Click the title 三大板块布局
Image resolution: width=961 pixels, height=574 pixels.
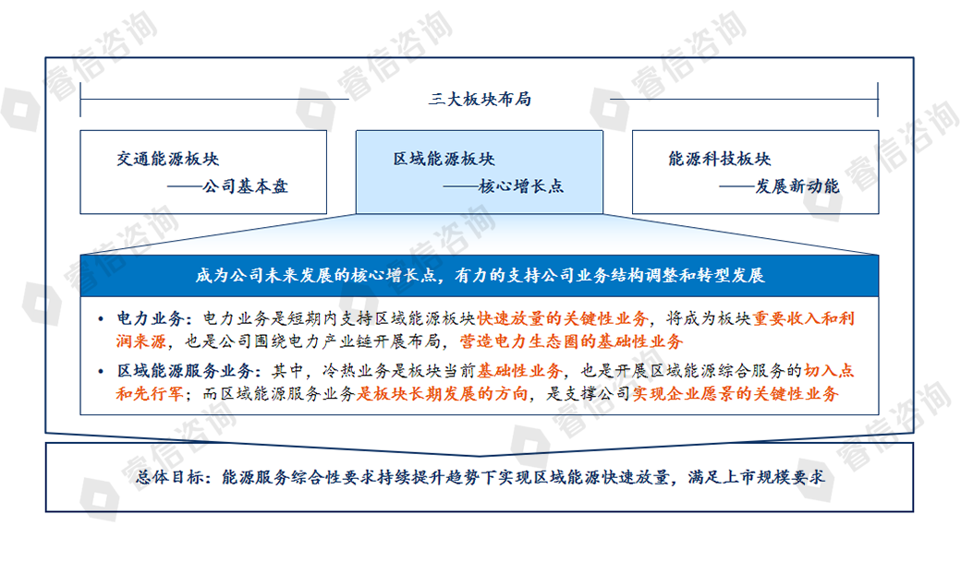(480, 100)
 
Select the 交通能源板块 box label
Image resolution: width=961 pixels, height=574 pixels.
(168, 159)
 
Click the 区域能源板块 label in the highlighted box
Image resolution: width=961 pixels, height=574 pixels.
(444, 159)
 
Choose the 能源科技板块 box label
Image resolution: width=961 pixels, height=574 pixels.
(720, 159)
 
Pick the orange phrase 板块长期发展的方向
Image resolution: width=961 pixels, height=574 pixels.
(446, 395)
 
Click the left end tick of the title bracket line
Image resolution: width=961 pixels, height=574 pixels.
(81, 100)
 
